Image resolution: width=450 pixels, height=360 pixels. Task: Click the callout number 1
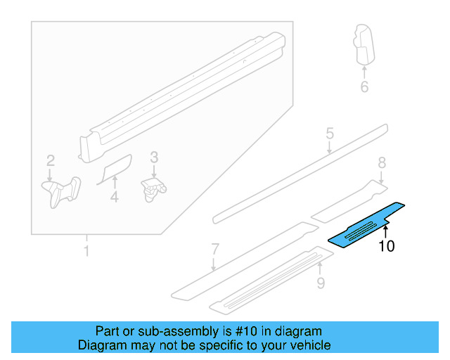coord(86,251)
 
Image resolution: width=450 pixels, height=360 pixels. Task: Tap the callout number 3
coord(154,157)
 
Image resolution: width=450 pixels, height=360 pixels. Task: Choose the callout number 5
coord(329,134)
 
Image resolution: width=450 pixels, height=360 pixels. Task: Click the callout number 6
coord(364,86)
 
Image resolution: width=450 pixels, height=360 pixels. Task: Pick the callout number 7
coord(215,248)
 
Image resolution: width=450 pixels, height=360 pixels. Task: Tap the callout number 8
coord(382,163)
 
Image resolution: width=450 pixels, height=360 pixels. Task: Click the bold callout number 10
coord(387,246)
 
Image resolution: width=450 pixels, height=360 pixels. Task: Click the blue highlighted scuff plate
coord(366,225)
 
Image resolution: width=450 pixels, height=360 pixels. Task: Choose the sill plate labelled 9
coord(267,280)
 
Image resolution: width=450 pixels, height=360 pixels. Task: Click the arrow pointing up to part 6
coord(364,68)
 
